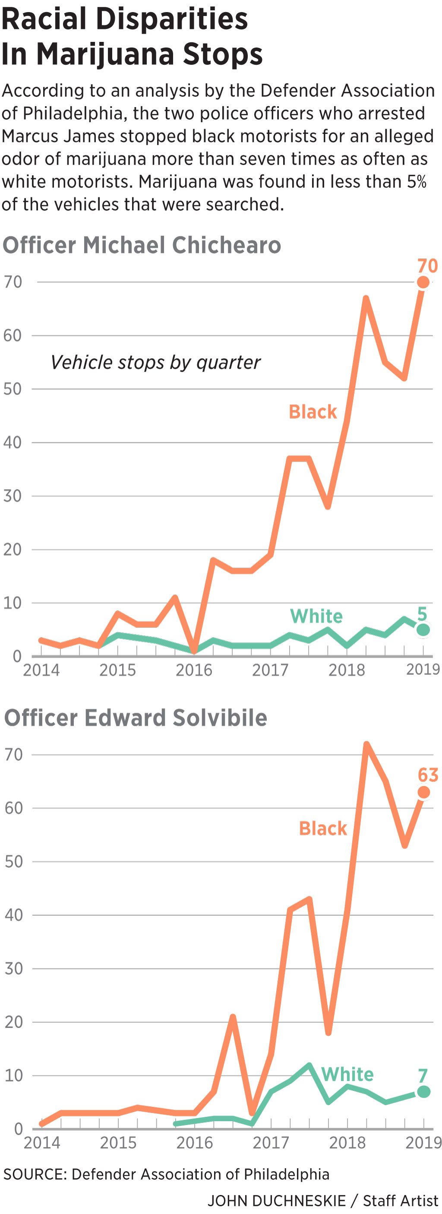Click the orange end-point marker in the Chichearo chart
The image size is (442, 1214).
[x=423, y=282]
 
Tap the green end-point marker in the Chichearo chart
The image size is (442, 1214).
[x=423, y=629]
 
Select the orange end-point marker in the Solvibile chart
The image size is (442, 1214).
[x=423, y=792]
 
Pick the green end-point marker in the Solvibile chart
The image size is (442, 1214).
[x=423, y=1091]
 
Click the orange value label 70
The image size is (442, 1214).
[x=427, y=266]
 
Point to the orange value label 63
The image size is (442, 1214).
[x=428, y=775]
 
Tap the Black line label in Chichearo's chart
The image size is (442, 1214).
[x=313, y=412]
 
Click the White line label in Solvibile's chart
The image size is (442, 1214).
[x=347, y=1075]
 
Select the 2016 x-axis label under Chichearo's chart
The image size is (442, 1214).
[x=194, y=670]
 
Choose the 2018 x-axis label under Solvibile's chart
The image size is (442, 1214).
[x=347, y=1143]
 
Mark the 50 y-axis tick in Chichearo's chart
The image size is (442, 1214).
[x=13, y=389]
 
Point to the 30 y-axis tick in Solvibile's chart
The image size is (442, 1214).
[x=14, y=969]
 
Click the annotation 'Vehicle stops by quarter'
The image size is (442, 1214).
[x=155, y=362]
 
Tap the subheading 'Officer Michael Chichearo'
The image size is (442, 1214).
[x=142, y=245]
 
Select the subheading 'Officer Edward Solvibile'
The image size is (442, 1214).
[x=136, y=718]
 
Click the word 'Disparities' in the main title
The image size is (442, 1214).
[x=172, y=19]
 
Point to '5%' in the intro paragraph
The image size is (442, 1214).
[x=417, y=182]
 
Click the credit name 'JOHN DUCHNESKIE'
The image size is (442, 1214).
[x=277, y=1200]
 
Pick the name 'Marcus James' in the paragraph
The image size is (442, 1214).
[x=58, y=136]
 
